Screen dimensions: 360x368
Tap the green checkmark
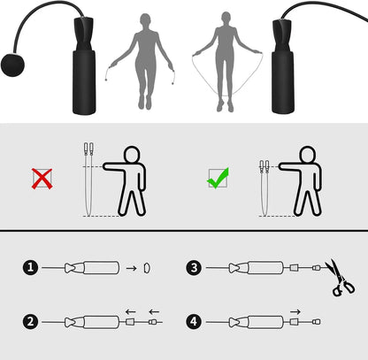217,177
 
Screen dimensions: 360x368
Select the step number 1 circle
31,266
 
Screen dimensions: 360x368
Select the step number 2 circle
31,322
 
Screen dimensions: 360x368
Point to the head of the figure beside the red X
131,153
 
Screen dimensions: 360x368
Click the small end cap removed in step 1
146,267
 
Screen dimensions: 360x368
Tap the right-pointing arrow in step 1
128,267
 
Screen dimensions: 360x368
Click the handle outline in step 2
95,323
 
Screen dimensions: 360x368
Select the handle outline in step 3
261,267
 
